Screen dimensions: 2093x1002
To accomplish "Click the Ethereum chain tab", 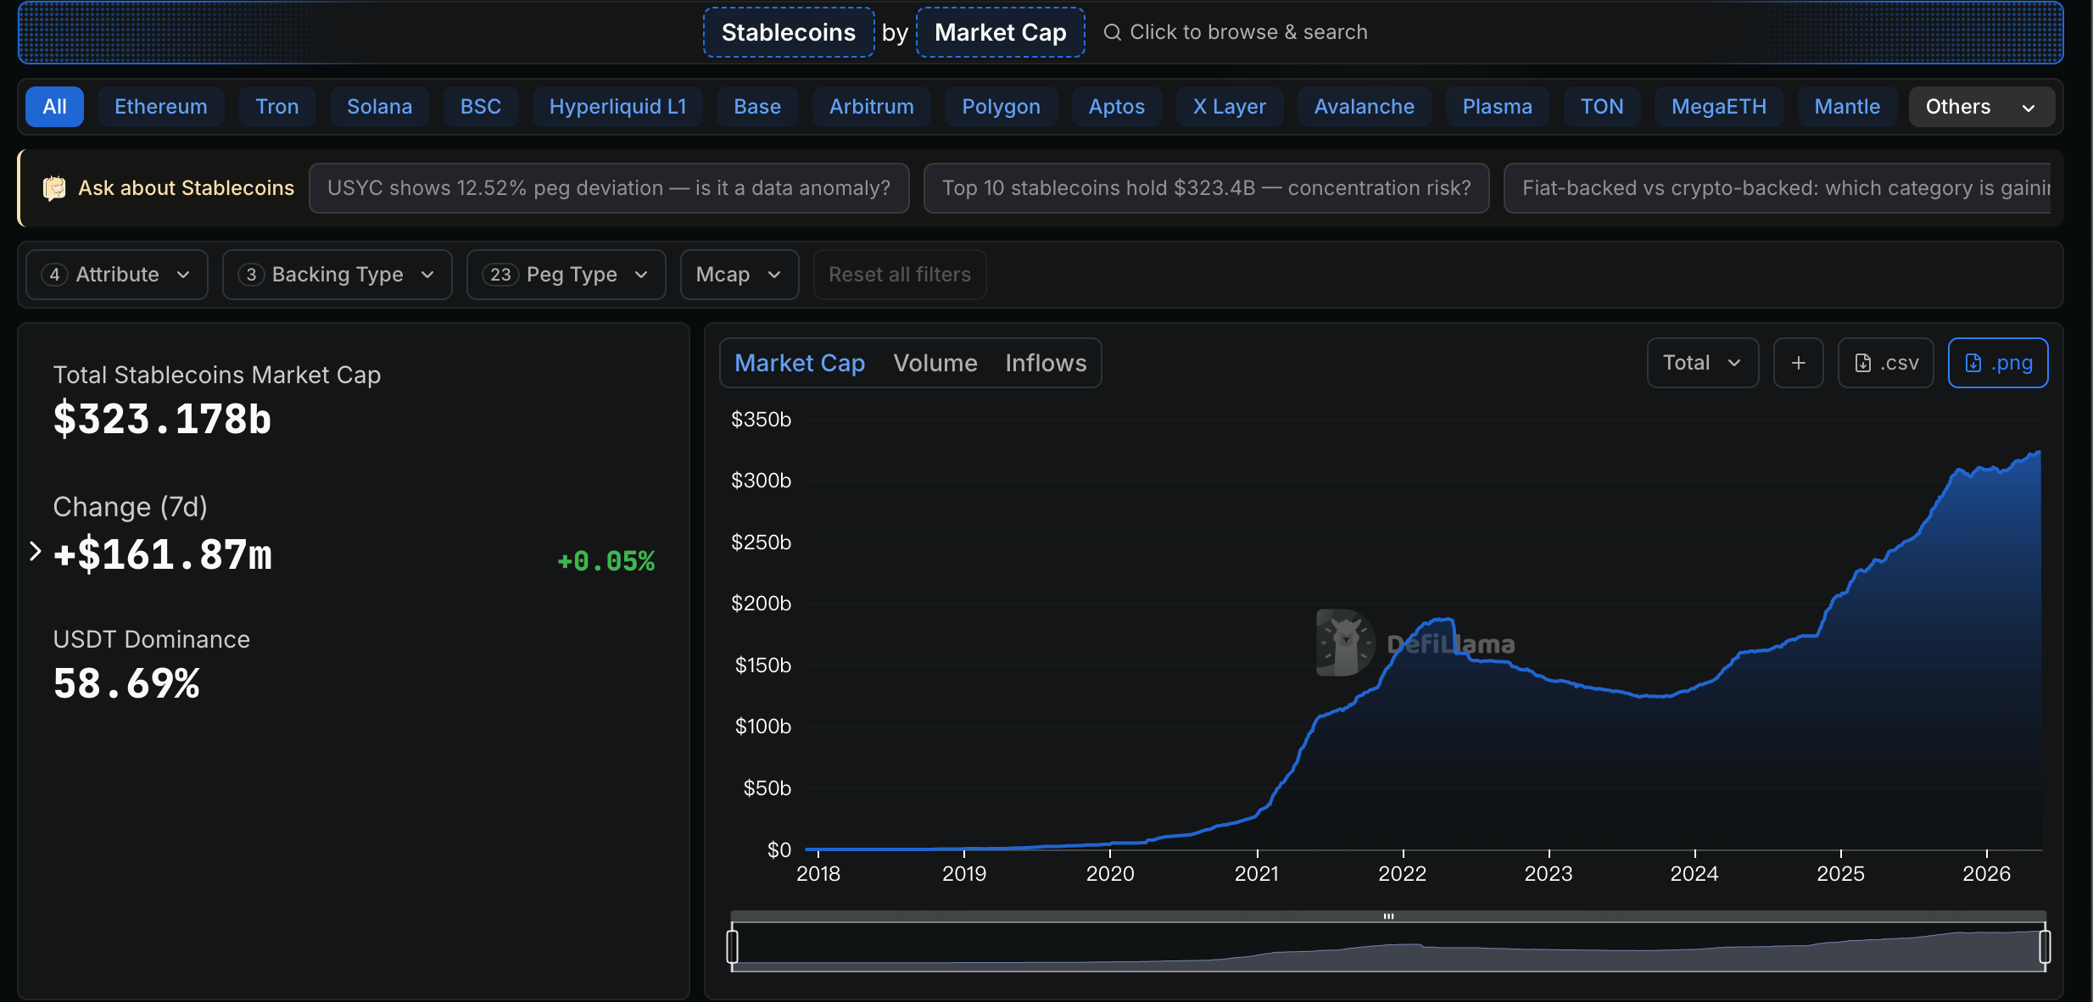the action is click(x=160, y=107).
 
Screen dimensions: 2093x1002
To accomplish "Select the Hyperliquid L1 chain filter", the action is click(x=617, y=107).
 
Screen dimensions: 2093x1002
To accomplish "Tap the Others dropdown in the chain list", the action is click(x=1981, y=107).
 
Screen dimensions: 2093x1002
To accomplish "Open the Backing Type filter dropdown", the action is click(x=337, y=275).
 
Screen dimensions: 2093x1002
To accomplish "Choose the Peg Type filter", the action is click(x=566, y=275).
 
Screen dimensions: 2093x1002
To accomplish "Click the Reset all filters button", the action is click(x=900, y=275).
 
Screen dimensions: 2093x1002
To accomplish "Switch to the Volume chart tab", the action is click(x=935, y=363).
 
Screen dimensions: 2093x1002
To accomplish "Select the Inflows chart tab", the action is click(x=1046, y=363).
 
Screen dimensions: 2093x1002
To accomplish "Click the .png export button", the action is click(x=1998, y=363).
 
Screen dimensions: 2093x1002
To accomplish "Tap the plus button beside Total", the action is click(x=1798, y=363).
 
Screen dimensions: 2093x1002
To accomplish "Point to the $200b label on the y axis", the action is click(x=761, y=604).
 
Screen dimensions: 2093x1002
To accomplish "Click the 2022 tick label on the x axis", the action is click(x=1403, y=874).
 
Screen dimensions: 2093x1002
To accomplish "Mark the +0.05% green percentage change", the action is click(x=606, y=561).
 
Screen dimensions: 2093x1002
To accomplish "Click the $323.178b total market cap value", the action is click(x=162, y=419).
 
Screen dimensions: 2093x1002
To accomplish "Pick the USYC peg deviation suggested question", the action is click(x=609, y=188).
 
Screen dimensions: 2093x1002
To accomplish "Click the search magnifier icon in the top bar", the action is click(x=1112, y=32).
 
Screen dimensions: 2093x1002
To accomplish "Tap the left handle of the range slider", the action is click(x=733, y=946).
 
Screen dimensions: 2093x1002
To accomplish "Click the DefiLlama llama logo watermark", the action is click(x=1345, y=643).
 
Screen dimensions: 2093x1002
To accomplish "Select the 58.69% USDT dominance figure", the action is click(x=126, y=683).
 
